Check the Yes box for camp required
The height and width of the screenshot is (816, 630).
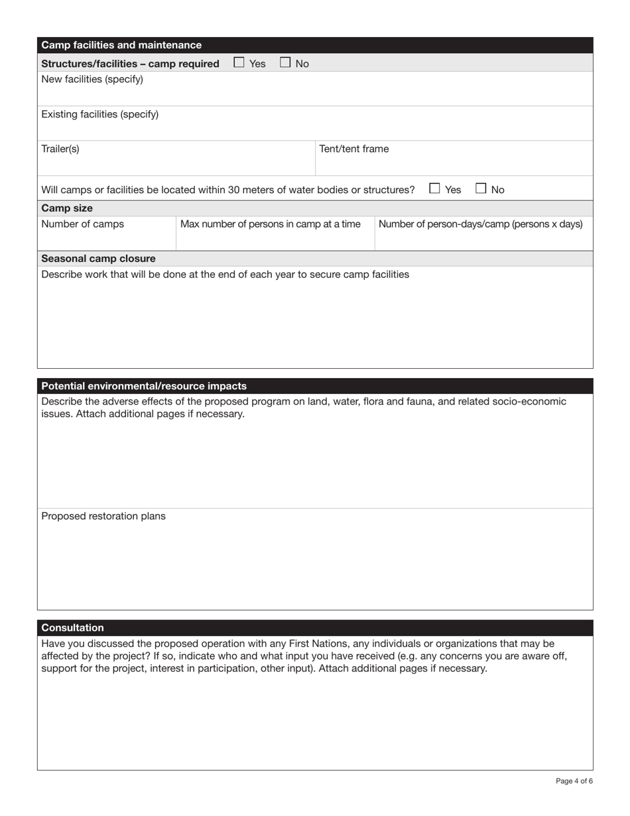239,63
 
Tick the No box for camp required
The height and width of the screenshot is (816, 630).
285,63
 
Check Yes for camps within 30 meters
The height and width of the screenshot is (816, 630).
434,189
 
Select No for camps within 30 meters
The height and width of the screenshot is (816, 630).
481,189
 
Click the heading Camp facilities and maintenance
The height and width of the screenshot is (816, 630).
121,45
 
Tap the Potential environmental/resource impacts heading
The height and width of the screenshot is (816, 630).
144,386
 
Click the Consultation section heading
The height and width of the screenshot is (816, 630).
73,628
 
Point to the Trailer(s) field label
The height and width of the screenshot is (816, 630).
60,149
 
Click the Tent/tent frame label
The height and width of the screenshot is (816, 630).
354,149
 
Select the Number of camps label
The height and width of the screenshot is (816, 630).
82,224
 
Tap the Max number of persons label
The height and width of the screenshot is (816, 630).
271,224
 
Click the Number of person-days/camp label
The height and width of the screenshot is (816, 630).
480,224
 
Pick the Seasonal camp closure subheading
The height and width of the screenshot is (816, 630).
99,259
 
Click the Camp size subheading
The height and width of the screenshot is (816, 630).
67,208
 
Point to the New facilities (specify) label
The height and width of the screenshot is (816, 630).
92,80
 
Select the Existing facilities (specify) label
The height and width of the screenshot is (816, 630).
100,114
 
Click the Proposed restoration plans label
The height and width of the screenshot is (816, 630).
103,516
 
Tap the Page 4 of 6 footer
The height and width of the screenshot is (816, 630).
574,781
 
